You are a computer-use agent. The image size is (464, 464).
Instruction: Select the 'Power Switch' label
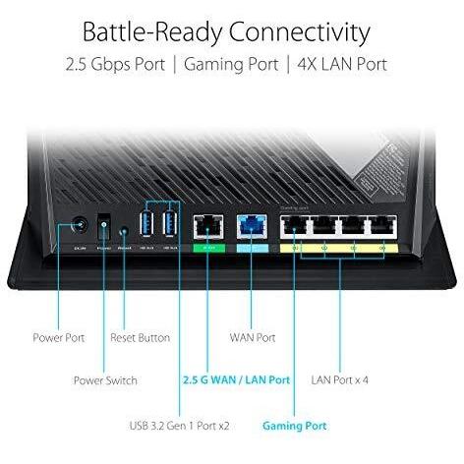[105, 379]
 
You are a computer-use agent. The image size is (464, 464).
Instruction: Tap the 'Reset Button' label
[140, 337]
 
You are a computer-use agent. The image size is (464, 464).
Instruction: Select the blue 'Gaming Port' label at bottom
[295, 426]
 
